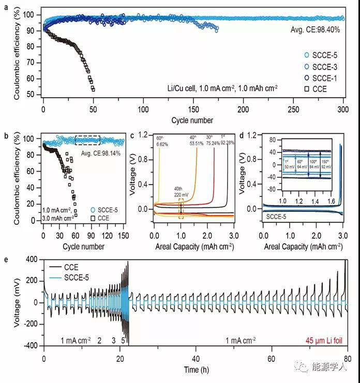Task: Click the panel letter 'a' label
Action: click(6, 7)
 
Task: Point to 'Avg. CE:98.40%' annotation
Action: click(316, 30)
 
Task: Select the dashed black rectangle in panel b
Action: click(87, 140)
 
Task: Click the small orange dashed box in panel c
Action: click(181, 209)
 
